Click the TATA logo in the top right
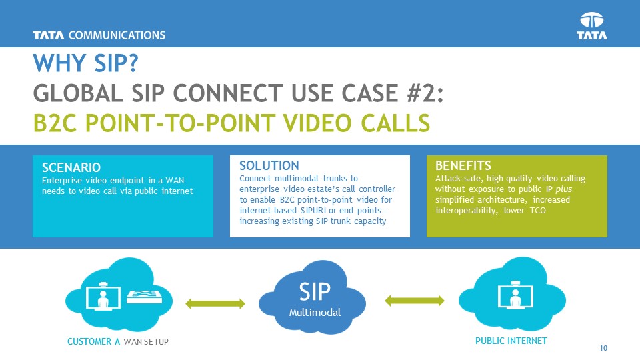592,26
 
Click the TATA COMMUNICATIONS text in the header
99,35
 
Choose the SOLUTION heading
269,165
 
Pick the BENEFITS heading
463,165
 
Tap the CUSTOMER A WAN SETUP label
118,342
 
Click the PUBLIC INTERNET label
511,341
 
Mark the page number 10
604,347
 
